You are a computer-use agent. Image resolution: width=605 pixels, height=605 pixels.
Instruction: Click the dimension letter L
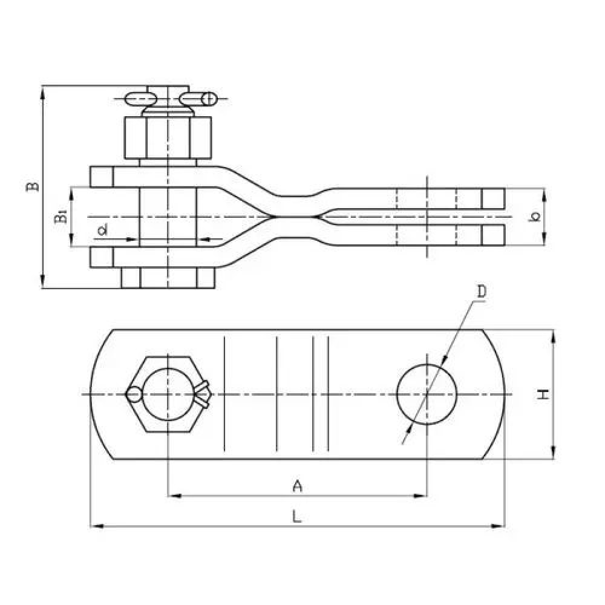click(x=296, y=516)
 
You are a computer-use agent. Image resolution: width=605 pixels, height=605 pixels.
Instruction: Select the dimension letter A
click(x=297, y=486)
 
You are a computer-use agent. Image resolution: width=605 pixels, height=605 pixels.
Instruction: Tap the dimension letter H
click(x=543, y=394)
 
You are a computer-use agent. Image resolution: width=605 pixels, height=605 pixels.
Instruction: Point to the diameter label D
click(x=482, y=292)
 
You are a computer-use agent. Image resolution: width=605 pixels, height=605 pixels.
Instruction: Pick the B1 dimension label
click(x=60, y=217)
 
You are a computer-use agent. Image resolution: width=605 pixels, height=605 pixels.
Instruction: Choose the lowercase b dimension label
click(x=534, y=217)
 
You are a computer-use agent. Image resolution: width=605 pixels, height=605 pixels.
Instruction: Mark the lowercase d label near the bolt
click(x=102, y=231)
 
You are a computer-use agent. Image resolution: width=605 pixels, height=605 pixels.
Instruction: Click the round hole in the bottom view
click(x=427, y=394)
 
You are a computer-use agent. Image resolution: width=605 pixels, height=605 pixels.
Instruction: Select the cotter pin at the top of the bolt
click(x=171, y=99)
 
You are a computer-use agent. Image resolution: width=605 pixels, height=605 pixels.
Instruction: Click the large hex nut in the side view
click(x=168, y=138)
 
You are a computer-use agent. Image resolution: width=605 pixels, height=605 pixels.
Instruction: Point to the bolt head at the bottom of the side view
click(x=168, y=278)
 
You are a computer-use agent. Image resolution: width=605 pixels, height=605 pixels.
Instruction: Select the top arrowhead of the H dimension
click(x=554, y=336)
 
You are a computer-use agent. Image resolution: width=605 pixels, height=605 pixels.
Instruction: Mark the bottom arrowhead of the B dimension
click(x=42, y=281)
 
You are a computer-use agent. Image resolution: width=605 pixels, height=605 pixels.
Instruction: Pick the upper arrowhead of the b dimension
click(x=544, y=195)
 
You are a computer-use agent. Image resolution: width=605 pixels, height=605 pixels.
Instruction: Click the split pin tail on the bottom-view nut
click(x=202, y=394)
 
